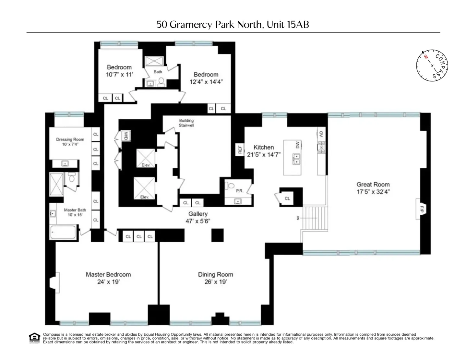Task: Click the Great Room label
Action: point(373,185)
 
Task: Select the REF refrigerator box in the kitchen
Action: point(240,150)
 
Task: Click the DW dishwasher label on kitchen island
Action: point(297,145)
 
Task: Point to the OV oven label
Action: point(321,134)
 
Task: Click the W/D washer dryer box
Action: point(126,136)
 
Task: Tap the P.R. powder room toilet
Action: point(231,186)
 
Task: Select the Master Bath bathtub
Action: point(63,232)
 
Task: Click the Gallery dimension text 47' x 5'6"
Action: point(198,221)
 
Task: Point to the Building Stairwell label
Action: point(186,123)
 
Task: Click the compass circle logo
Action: point(432,66)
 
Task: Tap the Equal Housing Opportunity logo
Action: point(34,338)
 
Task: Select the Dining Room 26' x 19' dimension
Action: point(215,282)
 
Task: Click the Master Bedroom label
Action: point(108,274)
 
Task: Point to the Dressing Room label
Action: point(70,139)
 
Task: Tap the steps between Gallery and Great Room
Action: point(314,218)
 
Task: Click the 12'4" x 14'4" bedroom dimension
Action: point(206,82)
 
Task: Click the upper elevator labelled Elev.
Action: point(145,158)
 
